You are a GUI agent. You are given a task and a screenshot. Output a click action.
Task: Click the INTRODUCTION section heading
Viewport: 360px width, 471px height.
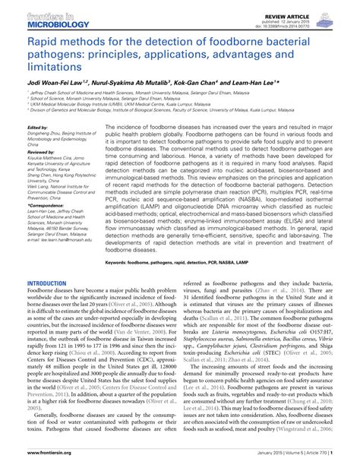46,282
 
